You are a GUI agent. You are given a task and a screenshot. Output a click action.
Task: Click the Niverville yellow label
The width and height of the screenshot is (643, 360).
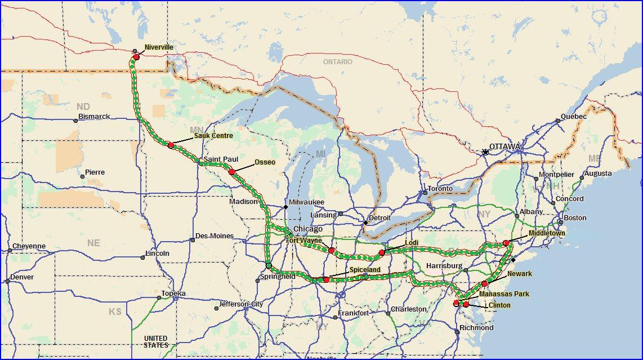pyautogui.click(x=159, y=47)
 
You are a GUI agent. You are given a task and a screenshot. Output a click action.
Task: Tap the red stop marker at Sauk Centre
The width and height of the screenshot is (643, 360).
pyautogui.click(x=171, y=145)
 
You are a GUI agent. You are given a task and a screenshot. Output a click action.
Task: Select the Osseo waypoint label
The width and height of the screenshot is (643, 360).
pyautogui.click(x=265, y=162)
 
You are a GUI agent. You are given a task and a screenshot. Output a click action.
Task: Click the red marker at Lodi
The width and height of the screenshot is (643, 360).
pyautogui.click(x=382, y=252)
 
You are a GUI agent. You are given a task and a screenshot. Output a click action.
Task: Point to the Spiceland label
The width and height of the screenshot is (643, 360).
pyautogui.click(x=365, y=270)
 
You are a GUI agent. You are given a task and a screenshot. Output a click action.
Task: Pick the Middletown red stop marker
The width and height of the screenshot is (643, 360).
pyautogui.click(x=506, y=243)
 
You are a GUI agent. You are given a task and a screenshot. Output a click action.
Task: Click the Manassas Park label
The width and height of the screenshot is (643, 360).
pyautogui.click(x=504, y=294)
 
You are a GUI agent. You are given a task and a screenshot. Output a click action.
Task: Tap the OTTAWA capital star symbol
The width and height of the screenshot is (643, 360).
pyautogui.click(x=485, y=152)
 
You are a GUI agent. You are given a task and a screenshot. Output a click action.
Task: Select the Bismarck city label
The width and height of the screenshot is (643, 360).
pyautogui.click(x=94, y=117)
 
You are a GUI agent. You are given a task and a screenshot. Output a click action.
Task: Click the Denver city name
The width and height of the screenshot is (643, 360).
pyautogui.click(x=22, y=277)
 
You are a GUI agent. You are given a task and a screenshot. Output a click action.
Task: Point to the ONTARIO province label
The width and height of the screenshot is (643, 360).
pyautogui.click(x=337, y=61)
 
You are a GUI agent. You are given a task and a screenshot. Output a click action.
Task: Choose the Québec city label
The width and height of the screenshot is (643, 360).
pyautogui.click(x=574, y=117)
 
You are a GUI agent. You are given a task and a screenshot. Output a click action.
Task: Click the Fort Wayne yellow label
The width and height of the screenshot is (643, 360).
pyautogui.click(x=304, y=241)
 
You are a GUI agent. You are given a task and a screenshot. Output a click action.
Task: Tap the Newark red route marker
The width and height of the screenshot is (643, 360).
pyautogui.click(x=485, y=284)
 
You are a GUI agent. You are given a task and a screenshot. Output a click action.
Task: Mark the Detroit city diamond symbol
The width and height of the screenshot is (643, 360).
pyautogui.click(x=365, y=223)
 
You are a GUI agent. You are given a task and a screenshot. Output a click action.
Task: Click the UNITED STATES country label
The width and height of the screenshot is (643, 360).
pyautogui.click(x=155, y=341)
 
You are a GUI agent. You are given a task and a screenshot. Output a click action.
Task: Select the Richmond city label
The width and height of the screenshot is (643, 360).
pyautogui.click(x=476, y=327)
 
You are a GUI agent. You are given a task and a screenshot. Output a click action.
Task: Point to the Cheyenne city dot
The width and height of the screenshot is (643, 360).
pyautogui.click(x=10, y=250)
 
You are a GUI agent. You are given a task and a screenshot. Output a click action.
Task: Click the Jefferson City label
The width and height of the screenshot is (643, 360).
pyautogui.click(x=242, y=304)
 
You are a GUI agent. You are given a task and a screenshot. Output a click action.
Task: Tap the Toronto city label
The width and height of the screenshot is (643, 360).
pyautogui.click(x=440, y=189)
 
